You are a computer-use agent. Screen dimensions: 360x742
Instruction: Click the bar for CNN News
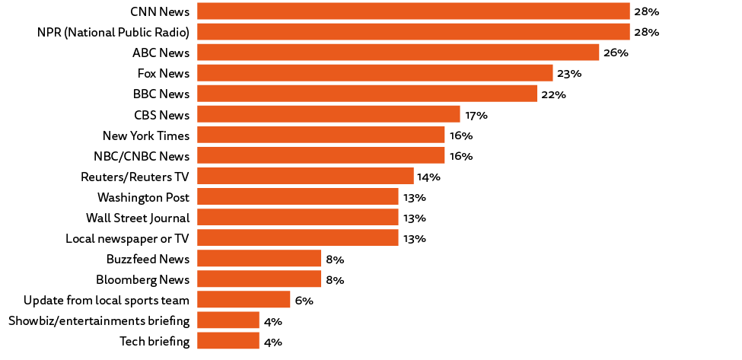[x=412, y=11]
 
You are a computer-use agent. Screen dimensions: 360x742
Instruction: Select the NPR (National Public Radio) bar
[x=412, y=32]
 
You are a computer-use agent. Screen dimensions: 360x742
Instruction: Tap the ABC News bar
[x=398, y=53]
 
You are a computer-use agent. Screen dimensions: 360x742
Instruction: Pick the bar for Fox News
[x=374, y=73]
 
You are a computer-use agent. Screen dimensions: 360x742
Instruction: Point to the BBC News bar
[x=367, y=94]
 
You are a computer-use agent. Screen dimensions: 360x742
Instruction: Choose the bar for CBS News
[x=328, y=114]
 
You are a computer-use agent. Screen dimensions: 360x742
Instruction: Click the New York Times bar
[x=320, y=135]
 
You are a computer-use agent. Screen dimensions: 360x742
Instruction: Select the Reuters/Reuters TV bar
[x=305, y=176]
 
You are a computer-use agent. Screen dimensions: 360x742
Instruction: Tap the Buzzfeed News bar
[x=259, y=259]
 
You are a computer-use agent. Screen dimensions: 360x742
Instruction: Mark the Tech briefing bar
[x=228, y=341]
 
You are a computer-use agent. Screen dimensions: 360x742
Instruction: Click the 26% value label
[x=616, y=53]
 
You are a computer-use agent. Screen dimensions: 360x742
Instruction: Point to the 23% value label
[x=569, y=74]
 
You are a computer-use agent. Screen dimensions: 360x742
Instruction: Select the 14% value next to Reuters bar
[x=429, y=177]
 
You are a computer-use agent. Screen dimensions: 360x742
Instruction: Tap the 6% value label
[x=304, y=301]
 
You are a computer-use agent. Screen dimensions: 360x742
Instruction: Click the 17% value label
[x=476, y=115]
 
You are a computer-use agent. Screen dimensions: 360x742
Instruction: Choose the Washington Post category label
[x=143, y=197]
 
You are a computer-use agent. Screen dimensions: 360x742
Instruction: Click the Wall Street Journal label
[x=138, y=218]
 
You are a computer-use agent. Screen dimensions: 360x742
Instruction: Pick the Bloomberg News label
[x=142, y=279]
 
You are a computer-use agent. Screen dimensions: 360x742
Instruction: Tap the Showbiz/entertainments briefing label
[x=99, y=320]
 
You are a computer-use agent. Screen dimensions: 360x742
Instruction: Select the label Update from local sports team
[x=107, y=300]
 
